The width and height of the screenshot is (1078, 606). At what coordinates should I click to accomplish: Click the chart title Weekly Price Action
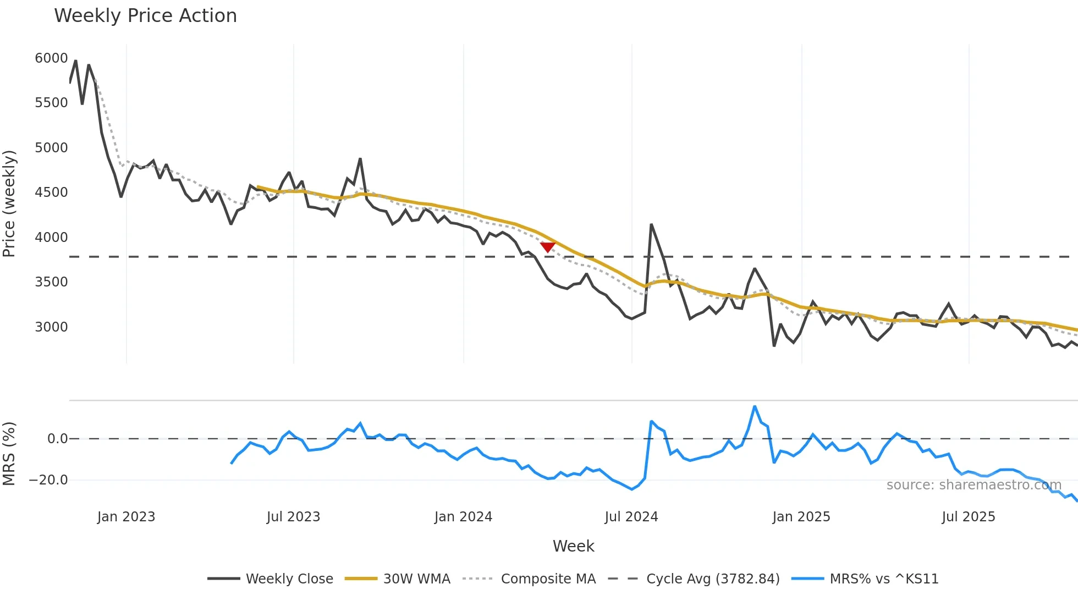145,16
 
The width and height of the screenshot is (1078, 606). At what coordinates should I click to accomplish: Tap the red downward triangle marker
547,247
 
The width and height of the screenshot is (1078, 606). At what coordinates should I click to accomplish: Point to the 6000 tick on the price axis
51,58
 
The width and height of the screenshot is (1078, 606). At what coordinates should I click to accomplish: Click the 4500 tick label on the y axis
51,192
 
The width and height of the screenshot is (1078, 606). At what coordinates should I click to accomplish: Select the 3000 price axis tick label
51,327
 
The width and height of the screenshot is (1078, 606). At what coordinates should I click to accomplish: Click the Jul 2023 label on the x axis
293,517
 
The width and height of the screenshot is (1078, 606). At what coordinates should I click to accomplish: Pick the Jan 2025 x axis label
801,517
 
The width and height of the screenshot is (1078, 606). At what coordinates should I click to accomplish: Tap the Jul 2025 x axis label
968,517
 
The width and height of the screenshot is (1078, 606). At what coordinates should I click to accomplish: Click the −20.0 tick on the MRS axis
48,480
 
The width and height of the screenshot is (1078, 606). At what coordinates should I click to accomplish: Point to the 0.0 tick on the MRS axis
57,439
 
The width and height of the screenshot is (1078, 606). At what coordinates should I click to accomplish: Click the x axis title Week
573,546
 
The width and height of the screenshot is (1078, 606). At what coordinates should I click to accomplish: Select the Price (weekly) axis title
9,203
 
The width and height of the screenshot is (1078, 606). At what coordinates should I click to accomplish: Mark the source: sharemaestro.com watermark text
974,485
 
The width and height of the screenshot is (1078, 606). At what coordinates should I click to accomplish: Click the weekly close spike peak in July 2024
651,224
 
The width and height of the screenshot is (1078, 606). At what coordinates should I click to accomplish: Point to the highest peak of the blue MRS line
755,406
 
